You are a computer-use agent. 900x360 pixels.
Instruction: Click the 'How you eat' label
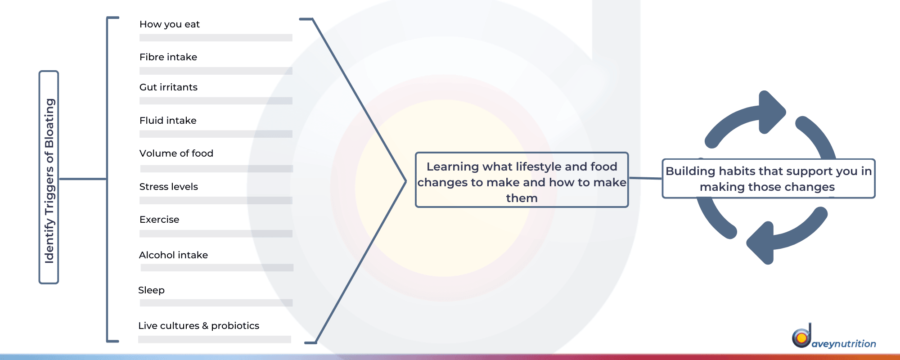[x=170, y=24]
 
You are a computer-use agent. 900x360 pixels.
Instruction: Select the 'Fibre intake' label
[x=168, y=57]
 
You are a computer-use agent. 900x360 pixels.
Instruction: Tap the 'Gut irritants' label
[x=168, y=87]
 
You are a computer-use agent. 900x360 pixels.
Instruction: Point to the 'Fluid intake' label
[x=168, y=121]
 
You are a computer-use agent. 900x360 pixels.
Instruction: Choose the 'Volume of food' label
[x=176, y=153]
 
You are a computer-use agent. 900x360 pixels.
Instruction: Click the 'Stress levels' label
[x=169, y=187]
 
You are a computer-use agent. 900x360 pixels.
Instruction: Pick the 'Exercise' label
[x=159, y=220]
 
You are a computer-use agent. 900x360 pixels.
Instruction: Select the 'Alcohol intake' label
[x=173, y=255]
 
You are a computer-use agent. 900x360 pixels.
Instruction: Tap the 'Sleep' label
[x=151, y=291]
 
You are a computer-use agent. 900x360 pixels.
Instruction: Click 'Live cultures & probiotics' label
[x=198, y=326]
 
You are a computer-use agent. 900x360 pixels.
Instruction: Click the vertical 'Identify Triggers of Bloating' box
[x=49, y=177]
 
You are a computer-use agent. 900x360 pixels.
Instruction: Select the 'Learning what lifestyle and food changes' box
[x=522, y=180]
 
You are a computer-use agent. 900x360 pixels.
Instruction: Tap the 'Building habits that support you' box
[x=769, y=178]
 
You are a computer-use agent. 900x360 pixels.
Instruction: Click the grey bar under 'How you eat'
[x=216, y=38]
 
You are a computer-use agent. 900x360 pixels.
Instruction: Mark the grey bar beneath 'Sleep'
[x=216, y=303]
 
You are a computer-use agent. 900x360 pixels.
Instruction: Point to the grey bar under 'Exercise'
[x=216, y=234]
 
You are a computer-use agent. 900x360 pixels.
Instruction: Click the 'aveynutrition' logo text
[x=844, y=344]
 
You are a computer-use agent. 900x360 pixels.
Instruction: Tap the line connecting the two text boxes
[x=645, y=178]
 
